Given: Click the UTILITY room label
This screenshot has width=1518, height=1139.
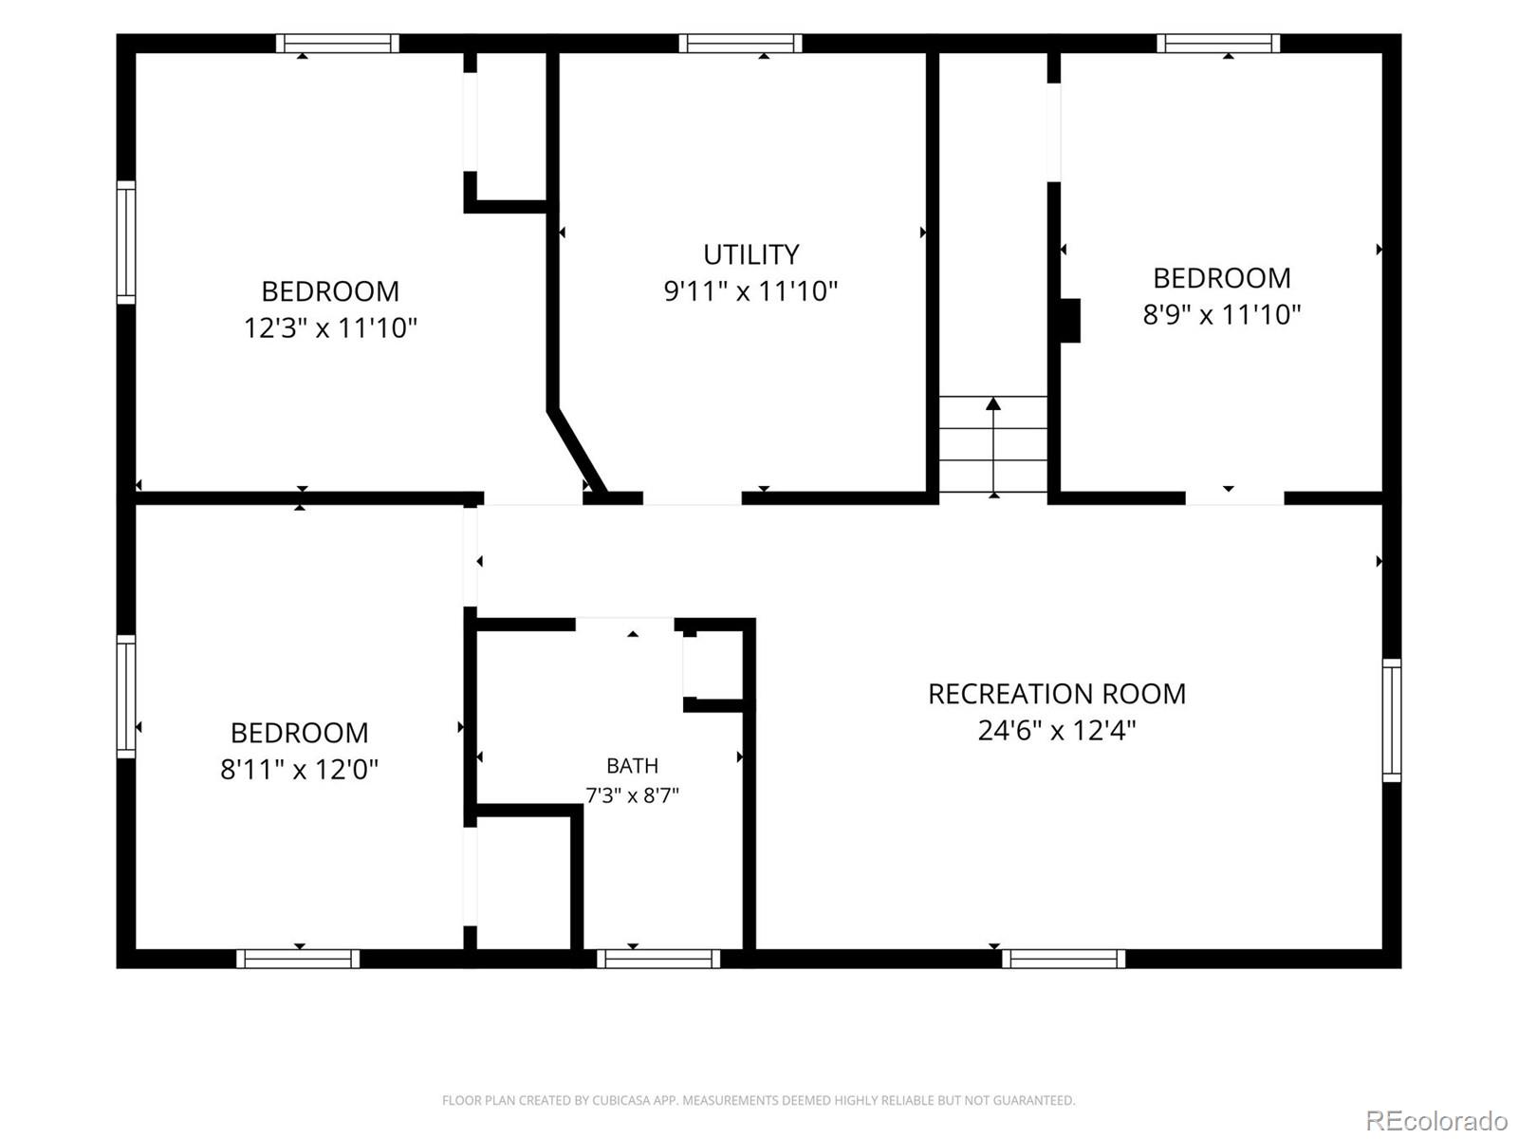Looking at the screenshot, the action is tap(751, 254).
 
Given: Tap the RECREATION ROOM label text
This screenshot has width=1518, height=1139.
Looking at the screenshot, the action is tap(1057, 694).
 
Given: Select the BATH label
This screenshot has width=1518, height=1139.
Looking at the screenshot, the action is tap(632, 766).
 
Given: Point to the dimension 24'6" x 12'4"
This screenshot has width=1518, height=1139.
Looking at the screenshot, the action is tap(1057, 730).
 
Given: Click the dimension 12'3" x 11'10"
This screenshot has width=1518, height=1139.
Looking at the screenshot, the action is tap(330, 327).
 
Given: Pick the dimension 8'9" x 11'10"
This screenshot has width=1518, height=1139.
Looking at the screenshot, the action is tap(1221, 314).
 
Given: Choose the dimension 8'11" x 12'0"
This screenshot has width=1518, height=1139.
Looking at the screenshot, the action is tap(300, 768).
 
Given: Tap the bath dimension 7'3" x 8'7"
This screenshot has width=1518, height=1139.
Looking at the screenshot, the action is tap(632, 795).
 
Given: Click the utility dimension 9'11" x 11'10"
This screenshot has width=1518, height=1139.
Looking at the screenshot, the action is tap(751, 290).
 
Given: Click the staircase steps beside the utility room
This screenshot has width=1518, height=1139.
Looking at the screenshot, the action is tap(993, 444).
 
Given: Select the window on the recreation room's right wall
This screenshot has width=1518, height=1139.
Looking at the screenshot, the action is tap(1392, 719).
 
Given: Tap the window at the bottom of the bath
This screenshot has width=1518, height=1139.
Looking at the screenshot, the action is tap(658, 959).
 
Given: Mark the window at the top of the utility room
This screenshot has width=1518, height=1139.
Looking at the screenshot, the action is tap(740, 43).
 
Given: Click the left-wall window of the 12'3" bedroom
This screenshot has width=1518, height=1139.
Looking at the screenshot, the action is tap(126, 242).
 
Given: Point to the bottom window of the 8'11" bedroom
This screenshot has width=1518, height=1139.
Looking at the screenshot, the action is tap(298, 959).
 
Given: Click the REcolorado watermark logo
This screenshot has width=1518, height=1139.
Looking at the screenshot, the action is tap(1436, 1119).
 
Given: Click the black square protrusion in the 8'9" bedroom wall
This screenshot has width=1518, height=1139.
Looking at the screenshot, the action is tap(1070, 320).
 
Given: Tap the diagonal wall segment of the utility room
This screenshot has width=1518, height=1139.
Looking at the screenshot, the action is tap(577, 450).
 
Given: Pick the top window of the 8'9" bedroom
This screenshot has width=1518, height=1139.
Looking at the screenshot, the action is tap(1218, 43).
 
